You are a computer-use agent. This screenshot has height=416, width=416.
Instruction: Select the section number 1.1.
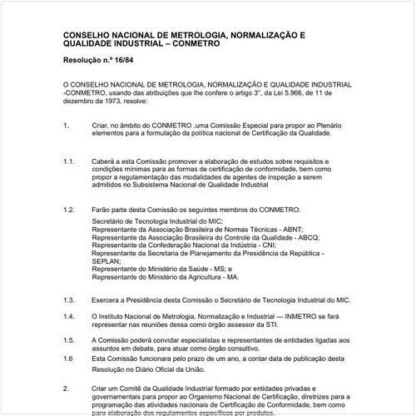click(x=68, y=161)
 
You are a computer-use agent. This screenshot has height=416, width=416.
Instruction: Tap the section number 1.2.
click(x=68, y=210)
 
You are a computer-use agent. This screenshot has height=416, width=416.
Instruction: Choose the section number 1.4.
click(x=68, y=316)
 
